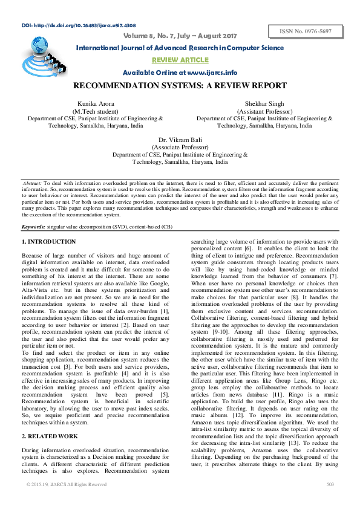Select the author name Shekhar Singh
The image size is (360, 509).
click(264, 105)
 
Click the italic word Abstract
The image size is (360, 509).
click(31, 183)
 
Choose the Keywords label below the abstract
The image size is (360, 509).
click(33, 226)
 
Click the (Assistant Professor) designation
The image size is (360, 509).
click(264, 112)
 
